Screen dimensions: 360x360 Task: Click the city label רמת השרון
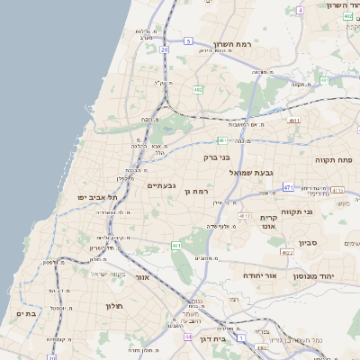coord(238,42)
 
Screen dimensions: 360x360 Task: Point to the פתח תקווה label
coord(333,159)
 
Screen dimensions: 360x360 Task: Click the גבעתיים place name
coord(162,184)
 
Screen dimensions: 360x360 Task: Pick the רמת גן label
coord(195,191)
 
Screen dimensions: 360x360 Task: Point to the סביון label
coord(309,242)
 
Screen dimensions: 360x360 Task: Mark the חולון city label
coord(112,306)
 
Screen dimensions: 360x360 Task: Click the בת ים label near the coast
coord(26,312)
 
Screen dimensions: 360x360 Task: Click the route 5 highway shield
coord(188,41)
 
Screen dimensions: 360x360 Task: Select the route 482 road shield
coord(198,90)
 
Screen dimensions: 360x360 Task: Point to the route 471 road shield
coord(287,187)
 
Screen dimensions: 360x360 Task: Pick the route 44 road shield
coord(187,337)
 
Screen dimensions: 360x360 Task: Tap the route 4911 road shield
coord(293,119)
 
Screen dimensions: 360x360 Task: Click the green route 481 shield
coord(220,139)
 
